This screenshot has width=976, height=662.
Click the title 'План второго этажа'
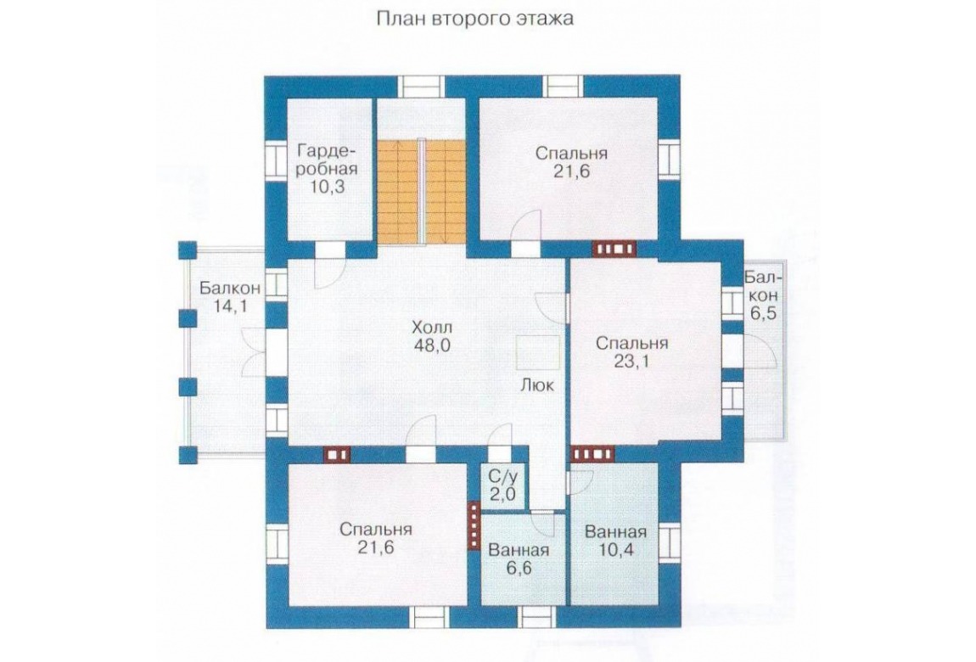(475, 20)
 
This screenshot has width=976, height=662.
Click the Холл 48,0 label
(432, 337)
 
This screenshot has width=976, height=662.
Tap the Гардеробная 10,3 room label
(328, 169)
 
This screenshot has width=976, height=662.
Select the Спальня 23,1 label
(631, 352)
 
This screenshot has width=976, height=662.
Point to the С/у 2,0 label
(502, 486)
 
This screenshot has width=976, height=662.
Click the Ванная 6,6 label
(519, 559)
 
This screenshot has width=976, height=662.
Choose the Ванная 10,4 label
(615, 541)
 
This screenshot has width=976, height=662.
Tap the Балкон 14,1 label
(229, 297)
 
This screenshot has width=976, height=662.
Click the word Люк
(537, 385)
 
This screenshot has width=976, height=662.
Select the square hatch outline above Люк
(538, 354)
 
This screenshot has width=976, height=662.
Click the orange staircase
(422, 192)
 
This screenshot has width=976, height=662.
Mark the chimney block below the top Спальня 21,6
(615, 249)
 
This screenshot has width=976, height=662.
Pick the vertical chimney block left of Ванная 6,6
(474, 525)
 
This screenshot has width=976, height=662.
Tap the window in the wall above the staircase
(422, 87)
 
